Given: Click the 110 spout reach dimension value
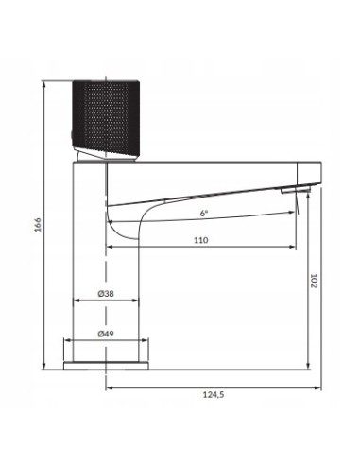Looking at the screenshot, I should (200, 241).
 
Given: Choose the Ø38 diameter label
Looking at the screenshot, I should (106, 294).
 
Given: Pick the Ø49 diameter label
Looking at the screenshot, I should (106, 333).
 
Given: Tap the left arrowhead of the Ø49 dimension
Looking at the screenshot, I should (65, 341).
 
